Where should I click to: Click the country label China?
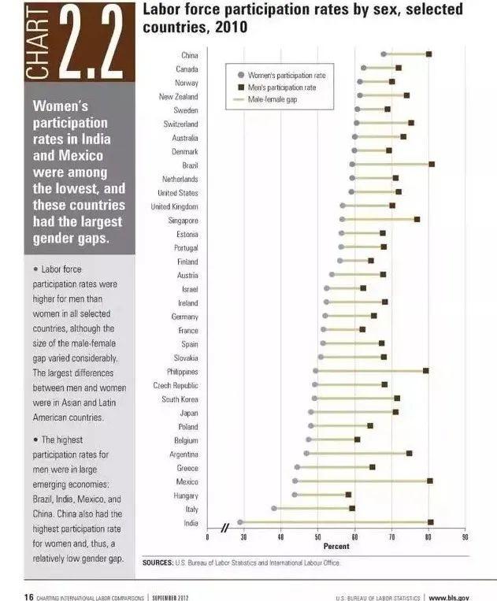pos(190,55)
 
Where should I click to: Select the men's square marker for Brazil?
pos(432,165)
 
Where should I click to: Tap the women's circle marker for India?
pos(240,521)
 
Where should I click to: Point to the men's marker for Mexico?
pos(429,480)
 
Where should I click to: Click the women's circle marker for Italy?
pos(274,508)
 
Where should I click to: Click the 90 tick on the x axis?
pos(465,537)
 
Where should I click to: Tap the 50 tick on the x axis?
pos(317,537)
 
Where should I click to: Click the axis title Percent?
pos(331,546)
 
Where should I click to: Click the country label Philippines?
pos(182,371)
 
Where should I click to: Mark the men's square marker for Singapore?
pos(417,219)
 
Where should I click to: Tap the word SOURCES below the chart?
pos(158,562)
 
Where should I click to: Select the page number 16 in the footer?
pos(28,596)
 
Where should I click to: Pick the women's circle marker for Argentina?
pos(306,453)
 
